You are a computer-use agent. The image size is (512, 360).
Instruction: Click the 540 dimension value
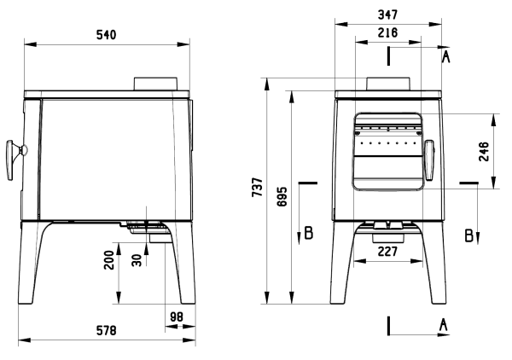point(106,35)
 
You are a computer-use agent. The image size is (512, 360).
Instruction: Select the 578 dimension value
point(106,331)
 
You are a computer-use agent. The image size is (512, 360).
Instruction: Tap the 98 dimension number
point(177,316)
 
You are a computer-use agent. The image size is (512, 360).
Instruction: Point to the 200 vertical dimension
point(109,260)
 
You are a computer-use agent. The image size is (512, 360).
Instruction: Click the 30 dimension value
point(137,260)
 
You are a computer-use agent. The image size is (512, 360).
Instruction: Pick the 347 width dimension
point(387,15)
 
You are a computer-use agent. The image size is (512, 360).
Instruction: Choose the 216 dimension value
point(387,32)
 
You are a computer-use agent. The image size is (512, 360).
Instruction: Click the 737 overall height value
point(258,187)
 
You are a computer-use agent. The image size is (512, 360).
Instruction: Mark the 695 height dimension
point(282,196)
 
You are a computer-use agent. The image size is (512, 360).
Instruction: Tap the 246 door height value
point(484,152)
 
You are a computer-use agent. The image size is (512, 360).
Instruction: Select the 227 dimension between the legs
point(387,252)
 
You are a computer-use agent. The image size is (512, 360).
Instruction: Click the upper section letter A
point(446,57)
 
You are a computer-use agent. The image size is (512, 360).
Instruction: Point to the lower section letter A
point(443,325)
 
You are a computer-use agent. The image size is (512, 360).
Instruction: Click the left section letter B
point(309,233)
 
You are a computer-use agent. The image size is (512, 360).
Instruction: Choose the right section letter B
point(468,235)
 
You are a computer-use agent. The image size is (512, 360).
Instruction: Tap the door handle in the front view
point(429,160)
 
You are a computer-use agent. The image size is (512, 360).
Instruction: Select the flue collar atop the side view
point(156,84)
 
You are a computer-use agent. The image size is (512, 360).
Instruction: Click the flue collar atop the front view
point(388,84)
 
